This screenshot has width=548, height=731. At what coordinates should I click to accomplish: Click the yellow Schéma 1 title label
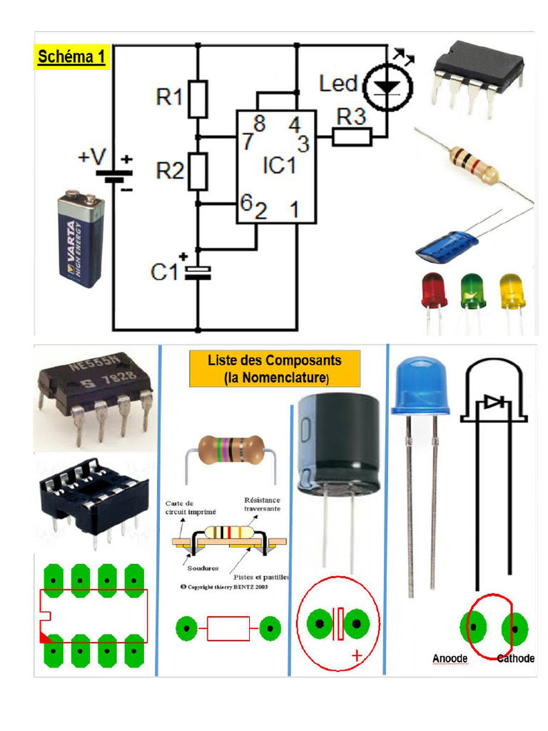(71, 56)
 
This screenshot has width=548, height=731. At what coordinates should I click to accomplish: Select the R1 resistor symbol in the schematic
(198, 99)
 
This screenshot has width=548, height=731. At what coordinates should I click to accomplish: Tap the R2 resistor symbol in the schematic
(198, 171)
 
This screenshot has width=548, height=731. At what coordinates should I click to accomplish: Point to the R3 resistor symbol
(352, 136)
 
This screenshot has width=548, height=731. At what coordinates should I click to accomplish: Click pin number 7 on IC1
(247, 141)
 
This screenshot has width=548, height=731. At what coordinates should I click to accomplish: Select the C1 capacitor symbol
(198, 271)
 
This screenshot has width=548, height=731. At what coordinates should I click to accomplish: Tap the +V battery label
(92, 157)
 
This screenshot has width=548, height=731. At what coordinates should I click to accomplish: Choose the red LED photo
(434, 291)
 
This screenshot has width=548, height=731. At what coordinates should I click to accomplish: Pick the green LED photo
(472, 291)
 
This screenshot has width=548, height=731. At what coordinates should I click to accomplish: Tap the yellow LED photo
(511, 291)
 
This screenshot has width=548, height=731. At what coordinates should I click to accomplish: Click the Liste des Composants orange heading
(275, 368)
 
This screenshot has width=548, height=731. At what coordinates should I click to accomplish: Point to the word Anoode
(450, 658)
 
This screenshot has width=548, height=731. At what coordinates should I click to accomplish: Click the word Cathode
(515, 658)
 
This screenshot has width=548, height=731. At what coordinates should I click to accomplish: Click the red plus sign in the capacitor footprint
(357, 655)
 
